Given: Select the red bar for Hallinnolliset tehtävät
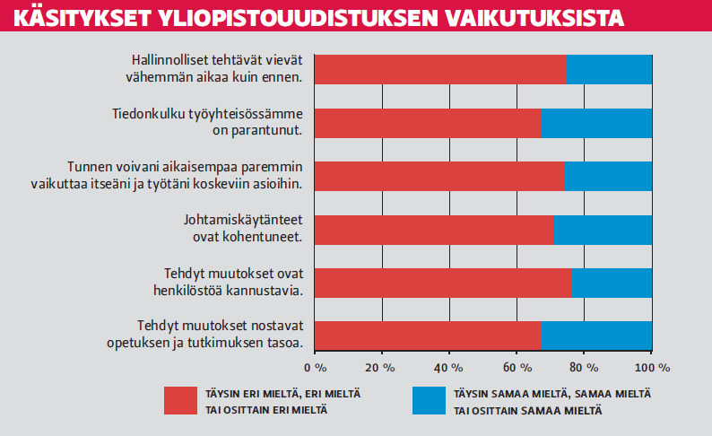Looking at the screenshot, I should point(440,69).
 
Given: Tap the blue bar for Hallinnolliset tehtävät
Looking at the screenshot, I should point(609,69).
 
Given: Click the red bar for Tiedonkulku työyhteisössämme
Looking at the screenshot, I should point(428,123).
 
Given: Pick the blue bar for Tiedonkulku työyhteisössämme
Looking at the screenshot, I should point(596,123).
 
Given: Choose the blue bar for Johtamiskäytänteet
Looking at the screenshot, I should point(603,230).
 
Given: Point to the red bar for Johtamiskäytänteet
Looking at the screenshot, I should point(434,230).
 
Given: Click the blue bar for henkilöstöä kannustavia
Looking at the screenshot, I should point(612,283).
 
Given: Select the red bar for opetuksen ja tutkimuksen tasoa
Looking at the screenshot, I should point(428,336).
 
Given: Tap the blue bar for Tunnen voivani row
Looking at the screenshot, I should point(608,176).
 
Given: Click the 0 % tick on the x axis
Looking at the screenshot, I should point(316,368).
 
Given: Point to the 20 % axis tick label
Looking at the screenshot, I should point(381,368).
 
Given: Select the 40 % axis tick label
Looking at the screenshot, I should point(448,368).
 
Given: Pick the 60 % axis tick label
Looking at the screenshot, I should point(517,368).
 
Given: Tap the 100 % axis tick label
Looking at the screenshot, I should point(651,368).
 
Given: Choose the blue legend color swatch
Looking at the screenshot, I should point(426,401).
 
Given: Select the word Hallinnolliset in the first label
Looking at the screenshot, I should point(170,60).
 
